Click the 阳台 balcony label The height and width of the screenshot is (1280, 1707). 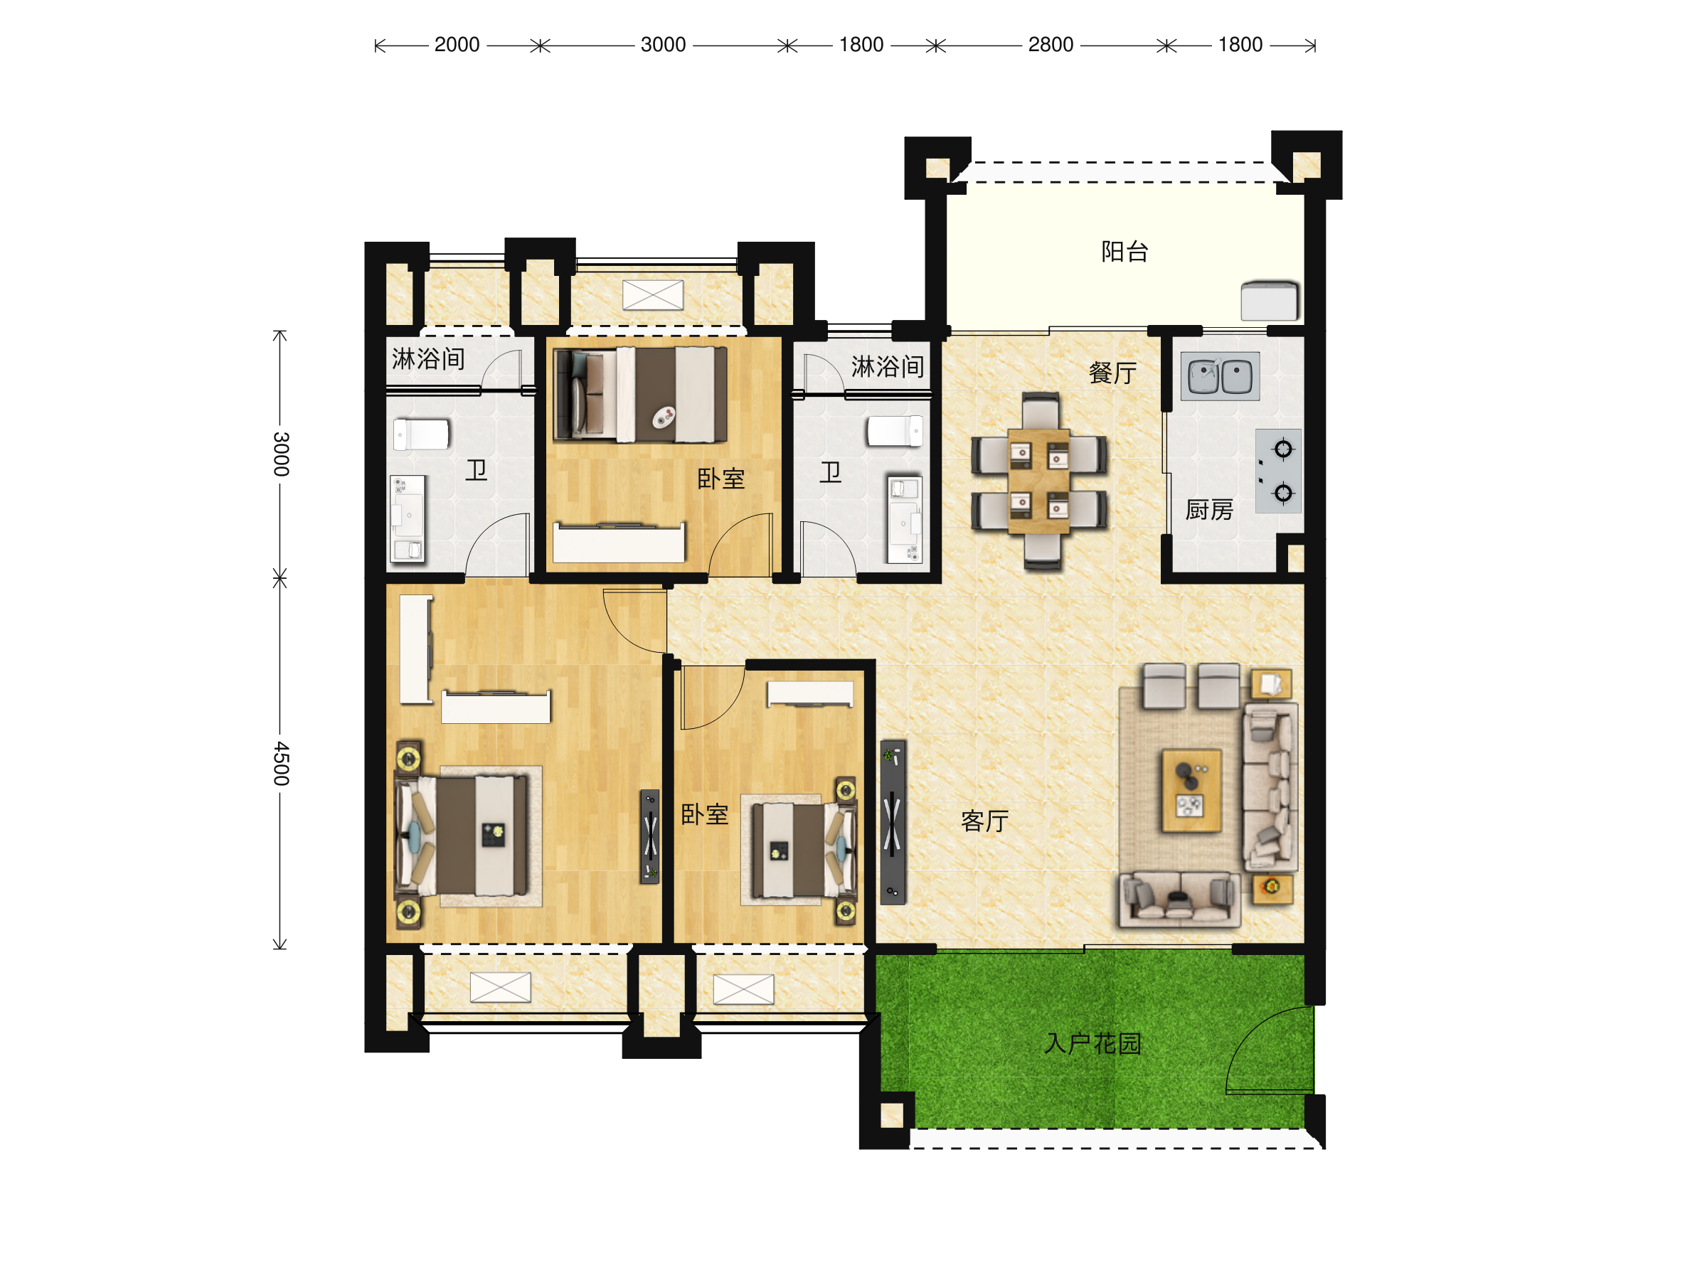click(1124, 252)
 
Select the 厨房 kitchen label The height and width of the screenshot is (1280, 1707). click(1209, 510)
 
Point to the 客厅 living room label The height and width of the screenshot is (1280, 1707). click(984, 821)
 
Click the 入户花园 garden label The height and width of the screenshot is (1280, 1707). click(1092, 1044)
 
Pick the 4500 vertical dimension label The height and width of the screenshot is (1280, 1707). click(282, 764)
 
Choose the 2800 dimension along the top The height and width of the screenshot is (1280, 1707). click(1051, 45)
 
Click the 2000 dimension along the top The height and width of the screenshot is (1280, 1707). click(457, 45)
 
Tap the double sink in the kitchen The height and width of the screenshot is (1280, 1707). click(1220, 376)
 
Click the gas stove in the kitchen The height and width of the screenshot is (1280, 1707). click(1278, 471)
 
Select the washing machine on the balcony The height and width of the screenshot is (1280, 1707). click(1270, 300)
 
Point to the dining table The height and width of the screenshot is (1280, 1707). click(1038, 481)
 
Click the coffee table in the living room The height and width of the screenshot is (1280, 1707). click(1191, 790)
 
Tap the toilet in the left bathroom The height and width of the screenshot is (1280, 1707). click(421, 434)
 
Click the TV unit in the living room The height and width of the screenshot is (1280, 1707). click(893, 823)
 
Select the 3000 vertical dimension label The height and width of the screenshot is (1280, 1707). click(282, 454)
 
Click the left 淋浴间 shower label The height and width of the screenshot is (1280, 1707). click(428, 359)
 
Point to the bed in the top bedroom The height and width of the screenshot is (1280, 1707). click(641, 395)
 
